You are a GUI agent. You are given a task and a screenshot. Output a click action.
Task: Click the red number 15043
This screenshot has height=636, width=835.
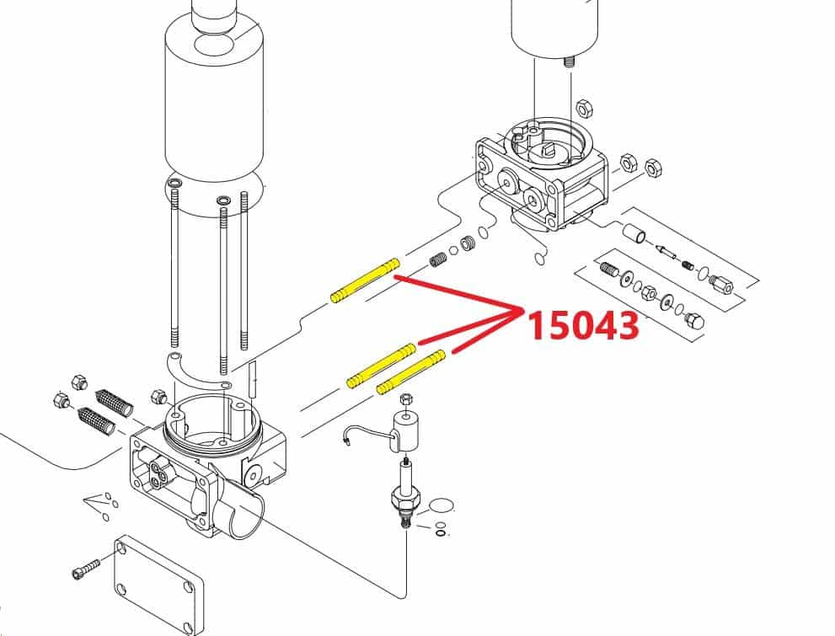584,324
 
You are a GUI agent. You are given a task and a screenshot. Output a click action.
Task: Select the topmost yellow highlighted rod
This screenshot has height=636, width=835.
365,281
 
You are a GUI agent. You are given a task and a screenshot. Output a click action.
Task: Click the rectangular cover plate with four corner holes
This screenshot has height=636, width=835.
159,585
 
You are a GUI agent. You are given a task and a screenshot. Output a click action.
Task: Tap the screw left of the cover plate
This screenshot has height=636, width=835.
86,568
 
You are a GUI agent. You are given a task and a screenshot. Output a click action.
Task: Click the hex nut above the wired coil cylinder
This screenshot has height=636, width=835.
405,398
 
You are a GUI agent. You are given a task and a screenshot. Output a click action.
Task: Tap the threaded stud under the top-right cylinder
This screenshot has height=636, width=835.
568,62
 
